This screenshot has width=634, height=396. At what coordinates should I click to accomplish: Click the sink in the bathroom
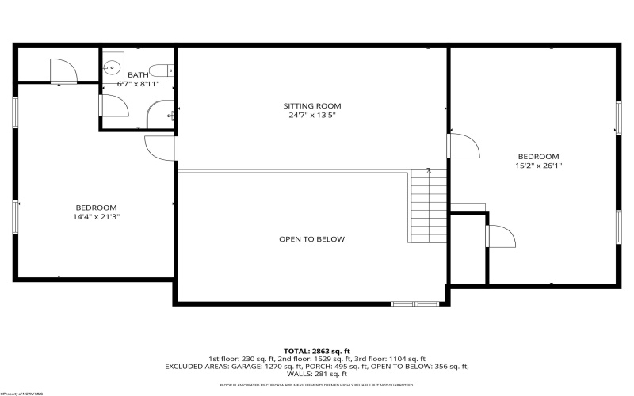coord(113,67)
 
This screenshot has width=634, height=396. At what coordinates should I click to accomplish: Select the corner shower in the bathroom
coord(163,115)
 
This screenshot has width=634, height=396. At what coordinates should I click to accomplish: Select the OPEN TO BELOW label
coord(311,239)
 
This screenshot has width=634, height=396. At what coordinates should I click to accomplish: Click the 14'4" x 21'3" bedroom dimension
coord(97,215)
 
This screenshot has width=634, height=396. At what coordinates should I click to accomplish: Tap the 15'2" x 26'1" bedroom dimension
coord(538,166)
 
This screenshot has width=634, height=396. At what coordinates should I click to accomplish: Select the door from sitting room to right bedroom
coord(462,146)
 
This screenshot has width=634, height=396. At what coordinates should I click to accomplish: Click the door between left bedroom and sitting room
coord(161,148)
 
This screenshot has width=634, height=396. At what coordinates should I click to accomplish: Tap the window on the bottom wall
coord(415,303)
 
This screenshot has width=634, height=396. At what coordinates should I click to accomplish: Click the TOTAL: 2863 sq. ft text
coord(316,350)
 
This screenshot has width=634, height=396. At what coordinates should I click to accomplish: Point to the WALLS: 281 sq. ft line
coord(316,375)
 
